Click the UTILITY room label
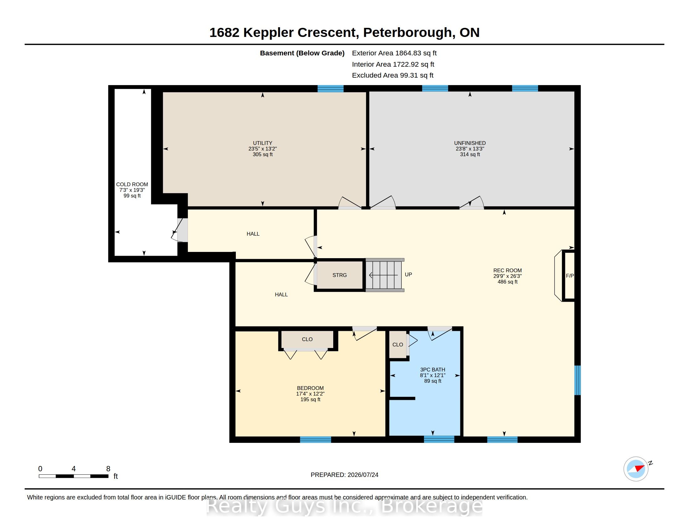coord(262,143)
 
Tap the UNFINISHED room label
coord(470,143)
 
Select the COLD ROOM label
coord(132,184)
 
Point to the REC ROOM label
coord(507,270)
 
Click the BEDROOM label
coord(310,388)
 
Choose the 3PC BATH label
coord(433,370)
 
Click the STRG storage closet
coord(339,275)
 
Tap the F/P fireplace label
coord(570,276)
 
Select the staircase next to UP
coord(385,275)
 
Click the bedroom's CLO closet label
coord(307,339)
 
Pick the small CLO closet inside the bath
coord(397,345)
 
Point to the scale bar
coord(74,476)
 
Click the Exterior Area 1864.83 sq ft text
coord(394,53)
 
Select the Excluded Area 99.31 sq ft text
coord(392,75)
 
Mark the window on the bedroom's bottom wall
coord(315,440)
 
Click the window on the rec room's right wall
coord(577,380)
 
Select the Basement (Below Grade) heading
coord(302,53)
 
